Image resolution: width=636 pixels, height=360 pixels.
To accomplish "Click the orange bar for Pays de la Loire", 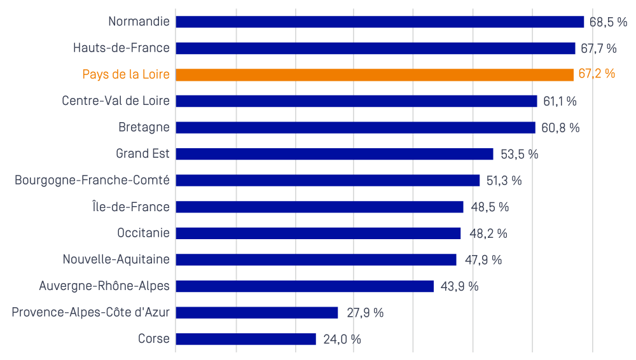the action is pos(375,74).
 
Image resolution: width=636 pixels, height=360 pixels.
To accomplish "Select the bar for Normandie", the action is pos(380,22).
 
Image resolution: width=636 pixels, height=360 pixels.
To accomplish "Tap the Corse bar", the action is pos(245,339).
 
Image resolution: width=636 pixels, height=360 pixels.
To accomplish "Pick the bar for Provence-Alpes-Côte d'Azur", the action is pos(257,312).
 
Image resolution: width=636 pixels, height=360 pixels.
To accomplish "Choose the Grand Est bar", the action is pos(335,154).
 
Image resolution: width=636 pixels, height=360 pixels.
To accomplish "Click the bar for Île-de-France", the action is pos(320,207).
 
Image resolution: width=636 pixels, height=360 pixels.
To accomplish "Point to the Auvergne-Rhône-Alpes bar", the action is pos(305,286).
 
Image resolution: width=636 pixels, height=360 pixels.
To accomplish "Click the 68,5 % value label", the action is pos(608,22).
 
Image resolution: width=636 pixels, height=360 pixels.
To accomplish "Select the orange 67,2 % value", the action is pos(597,74).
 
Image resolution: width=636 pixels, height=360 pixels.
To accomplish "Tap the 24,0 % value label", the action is pos(342,339).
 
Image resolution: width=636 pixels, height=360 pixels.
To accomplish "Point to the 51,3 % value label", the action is pos(504,181).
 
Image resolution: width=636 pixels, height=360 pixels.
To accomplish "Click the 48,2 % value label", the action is pos(488,233).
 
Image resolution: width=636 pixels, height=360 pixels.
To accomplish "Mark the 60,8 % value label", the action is pos(560,128).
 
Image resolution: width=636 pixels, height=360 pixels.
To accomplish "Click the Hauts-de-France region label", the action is pos(121,48).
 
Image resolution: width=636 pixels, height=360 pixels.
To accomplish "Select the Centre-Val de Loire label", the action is pos(116,100).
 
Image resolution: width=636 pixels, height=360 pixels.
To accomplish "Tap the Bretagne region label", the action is pos(144,127).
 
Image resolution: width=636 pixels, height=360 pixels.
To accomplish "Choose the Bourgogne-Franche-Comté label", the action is pos(92,180).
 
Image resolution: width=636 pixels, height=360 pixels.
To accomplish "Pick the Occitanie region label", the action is pos(143,233).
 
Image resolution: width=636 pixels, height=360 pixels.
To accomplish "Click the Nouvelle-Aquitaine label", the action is pos(116,260).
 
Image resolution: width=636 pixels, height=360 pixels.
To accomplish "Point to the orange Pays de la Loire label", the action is pos(126,74).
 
